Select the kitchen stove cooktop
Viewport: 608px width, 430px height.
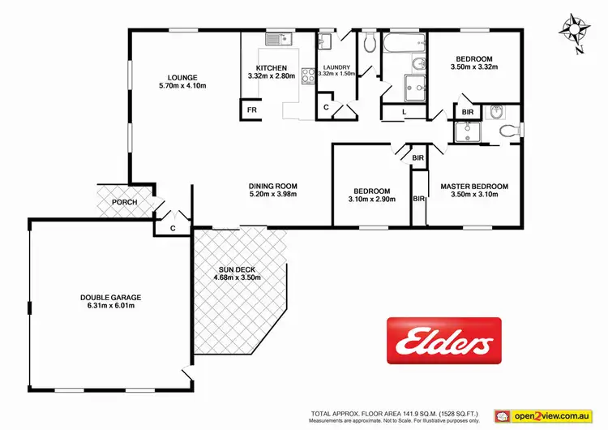(308, 75)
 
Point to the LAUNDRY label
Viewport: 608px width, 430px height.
(336, 67)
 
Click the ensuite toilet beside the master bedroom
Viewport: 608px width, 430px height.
(509, 130)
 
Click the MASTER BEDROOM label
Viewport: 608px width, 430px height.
(474, 187)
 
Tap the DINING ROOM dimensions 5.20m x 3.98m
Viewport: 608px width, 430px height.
(273, 194)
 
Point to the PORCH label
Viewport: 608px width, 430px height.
(124, 202)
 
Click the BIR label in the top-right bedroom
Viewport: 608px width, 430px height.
(468, 113)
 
